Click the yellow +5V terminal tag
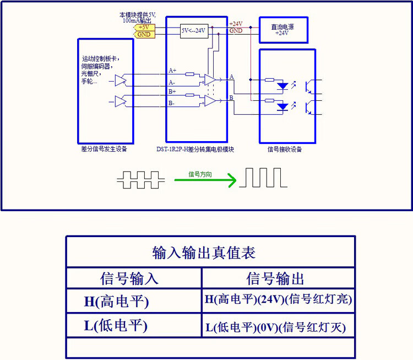144,27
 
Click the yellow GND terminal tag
144,34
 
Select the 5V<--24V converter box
193,30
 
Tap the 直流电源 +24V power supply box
283,30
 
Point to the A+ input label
172,71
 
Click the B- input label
172,103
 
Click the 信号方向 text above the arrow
200,174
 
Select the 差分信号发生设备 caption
105,149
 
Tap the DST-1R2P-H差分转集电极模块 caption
195,149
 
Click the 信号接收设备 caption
285,149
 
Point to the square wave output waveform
263,178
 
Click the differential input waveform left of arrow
140,179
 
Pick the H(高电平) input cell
116,301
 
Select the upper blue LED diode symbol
282,86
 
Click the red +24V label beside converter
236,24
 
